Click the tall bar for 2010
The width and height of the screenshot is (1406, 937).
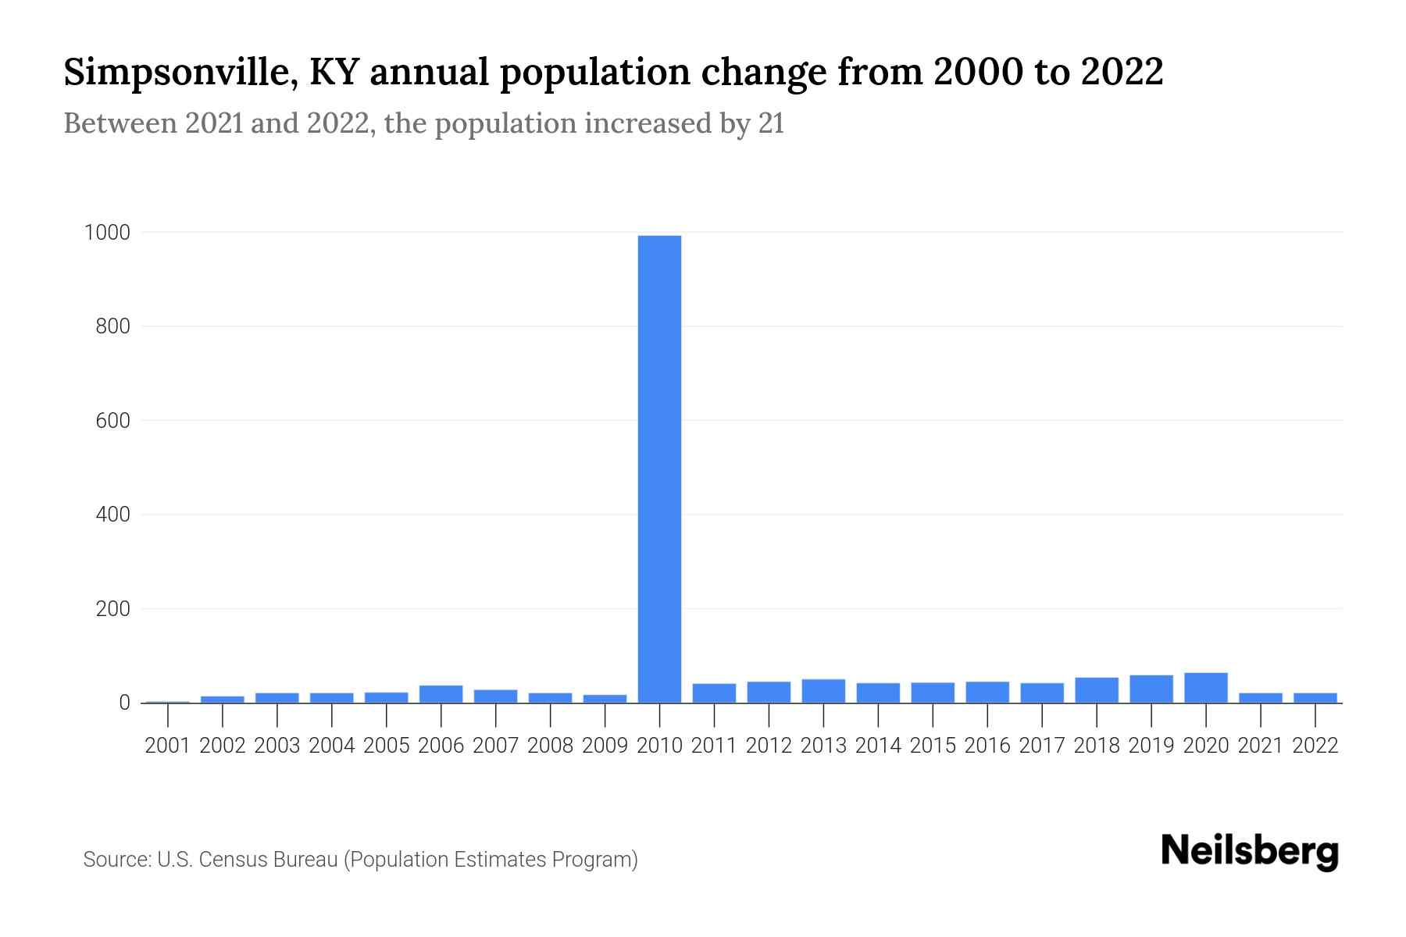click(x=659, y=468)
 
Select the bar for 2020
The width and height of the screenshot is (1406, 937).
click(x=1205, y=688)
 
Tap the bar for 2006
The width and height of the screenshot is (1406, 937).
click(x=441, y=694)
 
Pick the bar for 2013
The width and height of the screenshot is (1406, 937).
click(x=823, y=691)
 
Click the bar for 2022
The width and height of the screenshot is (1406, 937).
click(x=1315, y=697)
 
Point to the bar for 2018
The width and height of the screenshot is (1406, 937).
click(x=1096, y=690)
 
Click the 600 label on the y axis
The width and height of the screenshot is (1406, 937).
click(x=112, y=421)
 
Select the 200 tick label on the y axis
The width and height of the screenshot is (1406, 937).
click(x=112, y=609)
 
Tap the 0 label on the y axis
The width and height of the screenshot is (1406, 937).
click(x=123, y=703)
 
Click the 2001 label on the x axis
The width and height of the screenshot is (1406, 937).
click(x=167, y=746)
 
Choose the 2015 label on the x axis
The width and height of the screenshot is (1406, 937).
click(x=933, y=746)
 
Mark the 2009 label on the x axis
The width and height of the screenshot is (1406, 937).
click(x=605, y=746)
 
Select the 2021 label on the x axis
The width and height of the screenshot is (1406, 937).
click(x=1260, y=746)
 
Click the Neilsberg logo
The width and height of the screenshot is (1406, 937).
click(x=1250, y=851)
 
